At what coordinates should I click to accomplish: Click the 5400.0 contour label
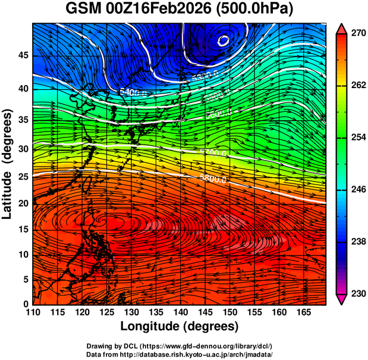pyautogui.click(x=133, y=92)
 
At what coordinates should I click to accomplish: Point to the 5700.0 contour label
pyautogui.click(x=213, y=153)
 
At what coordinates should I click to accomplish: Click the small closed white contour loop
pyautogui.click(x=224, y=40)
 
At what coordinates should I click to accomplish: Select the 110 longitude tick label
pyautogui.click(x=33, y=312)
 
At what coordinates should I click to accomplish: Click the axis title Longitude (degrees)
pyautogui.click(x=179, y=327)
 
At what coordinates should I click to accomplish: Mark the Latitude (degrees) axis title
pyautogui.click(x=8, y=164)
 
